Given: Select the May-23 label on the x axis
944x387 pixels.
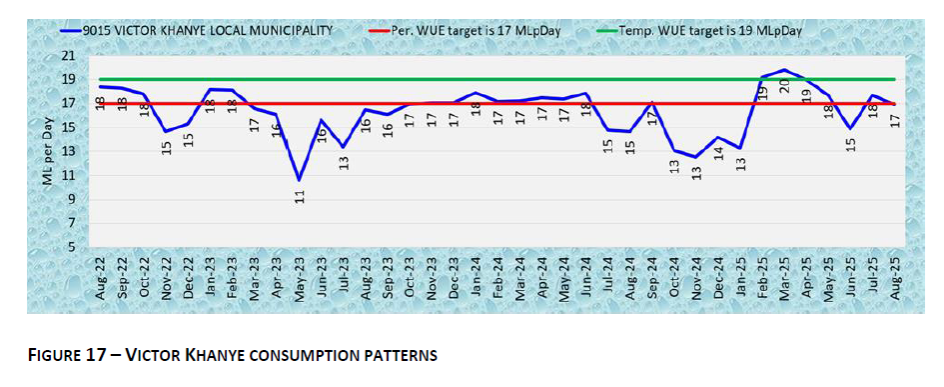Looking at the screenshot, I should point(300,278).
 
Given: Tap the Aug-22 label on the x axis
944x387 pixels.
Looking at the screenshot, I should point(100,278).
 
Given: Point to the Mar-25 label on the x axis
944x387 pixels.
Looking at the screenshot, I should point(784,278).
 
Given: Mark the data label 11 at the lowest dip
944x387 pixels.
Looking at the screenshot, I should point(300,196).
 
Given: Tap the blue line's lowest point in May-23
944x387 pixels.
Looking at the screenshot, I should point(299,180).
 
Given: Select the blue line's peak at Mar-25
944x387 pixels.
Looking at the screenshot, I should point(784,70).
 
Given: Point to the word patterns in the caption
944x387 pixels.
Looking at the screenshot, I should point(405,355).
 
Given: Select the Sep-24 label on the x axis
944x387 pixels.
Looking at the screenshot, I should point(652,278).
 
